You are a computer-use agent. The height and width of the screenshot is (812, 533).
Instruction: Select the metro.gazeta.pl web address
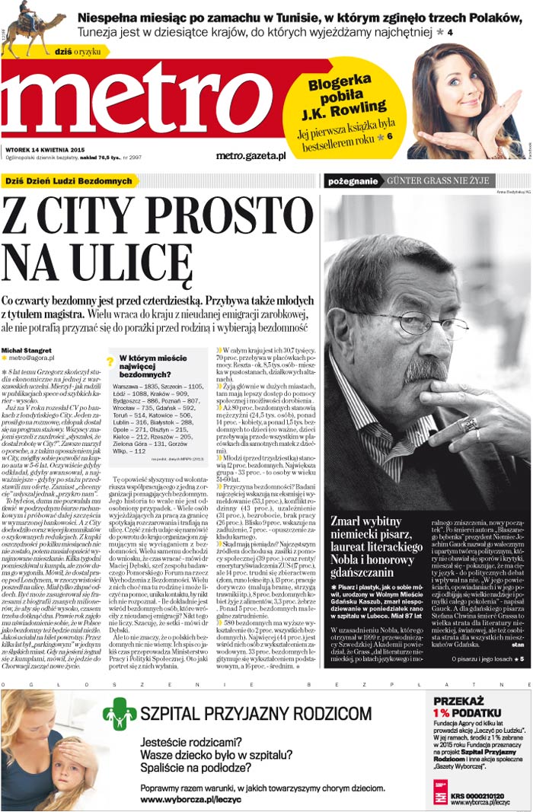[x=251, y=155]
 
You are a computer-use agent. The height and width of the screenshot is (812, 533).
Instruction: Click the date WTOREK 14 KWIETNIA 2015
[x=46, y=149]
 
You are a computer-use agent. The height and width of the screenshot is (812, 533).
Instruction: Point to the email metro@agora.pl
[x=34, y=358]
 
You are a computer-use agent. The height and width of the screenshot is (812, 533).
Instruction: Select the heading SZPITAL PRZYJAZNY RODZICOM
[x=256, y=713]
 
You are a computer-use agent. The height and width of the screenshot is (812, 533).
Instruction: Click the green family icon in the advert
[x=120, y=714]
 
